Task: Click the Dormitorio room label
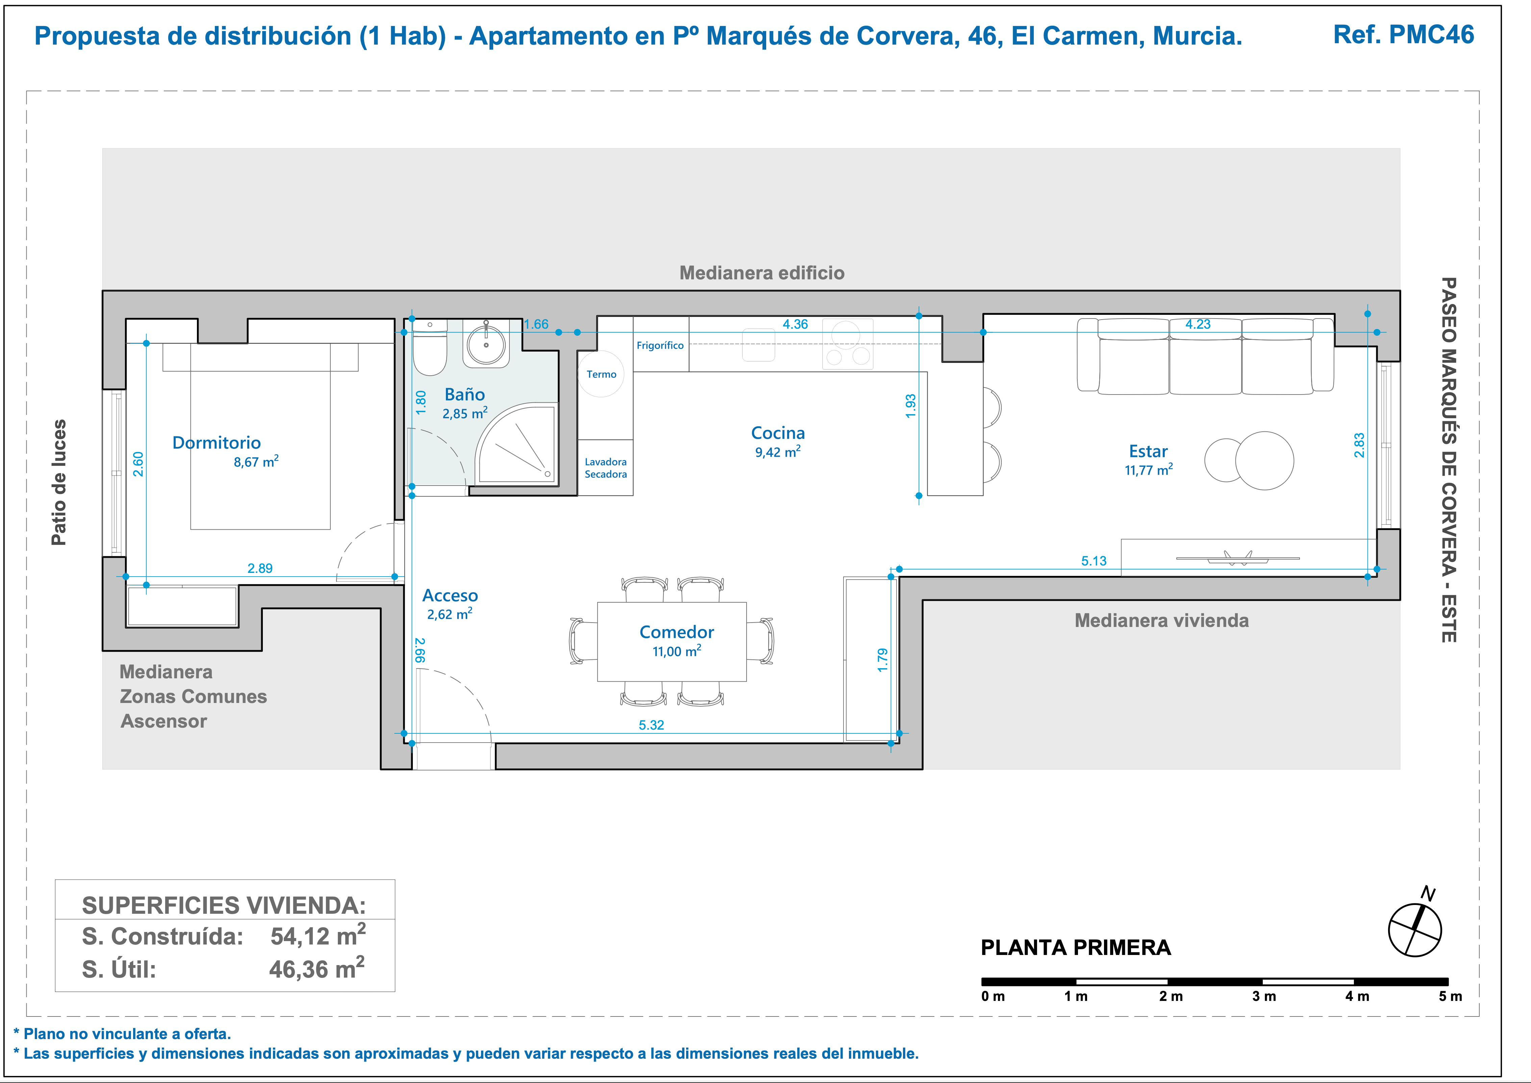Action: (217, 443)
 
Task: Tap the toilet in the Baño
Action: (429, 348)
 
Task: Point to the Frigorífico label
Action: (660, 346)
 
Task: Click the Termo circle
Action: (601, 374)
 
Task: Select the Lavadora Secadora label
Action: (605, 468)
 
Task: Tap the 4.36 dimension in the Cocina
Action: (795, 324)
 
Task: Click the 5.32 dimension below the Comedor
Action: (651, 725)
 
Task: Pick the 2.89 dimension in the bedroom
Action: (260, 568)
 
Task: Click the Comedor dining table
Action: (672, 641)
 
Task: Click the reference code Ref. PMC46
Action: (1404, 35)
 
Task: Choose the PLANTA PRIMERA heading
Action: (1076, 948)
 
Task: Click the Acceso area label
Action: (450, 596)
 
